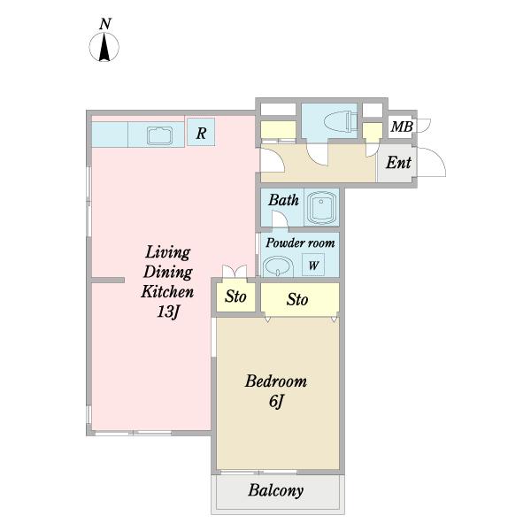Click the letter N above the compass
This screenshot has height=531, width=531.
(105, 24)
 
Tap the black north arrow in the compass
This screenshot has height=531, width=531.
(104, 47)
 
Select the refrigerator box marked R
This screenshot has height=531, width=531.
(201, 132)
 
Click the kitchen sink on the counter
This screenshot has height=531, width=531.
(160, 135)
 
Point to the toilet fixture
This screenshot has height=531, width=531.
(341, 121)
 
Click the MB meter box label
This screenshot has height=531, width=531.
(402, 127)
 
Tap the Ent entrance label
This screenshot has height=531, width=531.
(398, 163)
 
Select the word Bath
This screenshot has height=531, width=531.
(283, 200)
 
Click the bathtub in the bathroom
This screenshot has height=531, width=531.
(321, 206)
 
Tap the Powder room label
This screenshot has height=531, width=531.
(300, 242)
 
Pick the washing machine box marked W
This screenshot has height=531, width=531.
(313, 265)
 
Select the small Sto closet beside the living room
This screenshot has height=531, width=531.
(235, 296)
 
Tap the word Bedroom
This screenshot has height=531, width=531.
(276, 381)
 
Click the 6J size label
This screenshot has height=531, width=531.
(276, 402)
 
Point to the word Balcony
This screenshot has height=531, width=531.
(275, 490)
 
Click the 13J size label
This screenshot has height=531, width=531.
(167, 312)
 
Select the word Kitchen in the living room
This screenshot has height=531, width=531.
(167, 291)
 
